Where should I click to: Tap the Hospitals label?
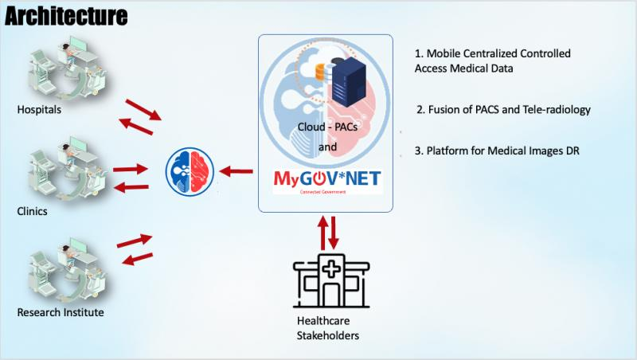pyautogui.click(x=38, y=109)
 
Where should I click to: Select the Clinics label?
pyautogui.click(x=33, y=211)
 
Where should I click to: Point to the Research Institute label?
pyautogui.click(x=61, y=311)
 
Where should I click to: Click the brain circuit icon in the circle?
pyautogui.click(x=190, y=170)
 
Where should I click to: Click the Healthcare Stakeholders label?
pyautogui.click(x=327, y=328)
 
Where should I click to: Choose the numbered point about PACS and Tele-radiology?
pyautogui.click(x=503, y=110)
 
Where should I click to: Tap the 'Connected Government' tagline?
pyautogui.click(x=323, y=193)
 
